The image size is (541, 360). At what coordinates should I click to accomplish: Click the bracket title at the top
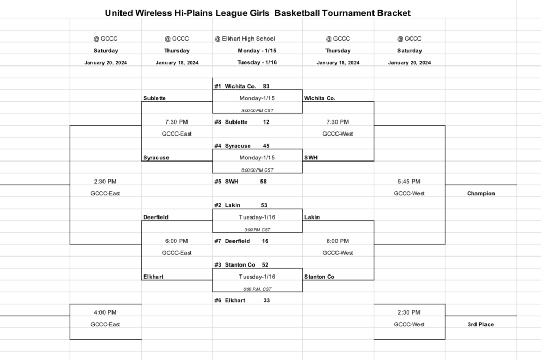(x=257, y=13)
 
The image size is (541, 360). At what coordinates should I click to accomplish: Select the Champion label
(x=481, y=193)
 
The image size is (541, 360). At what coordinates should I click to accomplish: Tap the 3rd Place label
(x=480, y=324)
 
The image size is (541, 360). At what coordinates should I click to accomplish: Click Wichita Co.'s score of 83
(x=266, y=86)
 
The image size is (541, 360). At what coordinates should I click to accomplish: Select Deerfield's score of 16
(x=266, y=241)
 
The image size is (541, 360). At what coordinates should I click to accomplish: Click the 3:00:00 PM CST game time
(x=257, y=110)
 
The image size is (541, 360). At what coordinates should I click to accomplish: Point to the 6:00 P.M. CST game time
(x=257, y=289)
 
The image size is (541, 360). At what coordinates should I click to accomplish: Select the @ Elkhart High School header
(x=245, y=39)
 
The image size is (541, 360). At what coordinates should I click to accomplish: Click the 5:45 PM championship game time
(x=409, y=181)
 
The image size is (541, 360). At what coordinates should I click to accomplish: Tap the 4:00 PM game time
(x=105, y=312)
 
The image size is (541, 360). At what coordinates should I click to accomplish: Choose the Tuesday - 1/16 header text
(x=257, y=62)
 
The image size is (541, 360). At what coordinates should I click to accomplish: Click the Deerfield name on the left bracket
(x=156, y=217)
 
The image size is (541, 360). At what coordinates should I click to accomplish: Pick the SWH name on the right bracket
(x=311, y=157)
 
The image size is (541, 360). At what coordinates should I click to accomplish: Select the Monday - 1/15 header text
(x=257, y=51)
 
